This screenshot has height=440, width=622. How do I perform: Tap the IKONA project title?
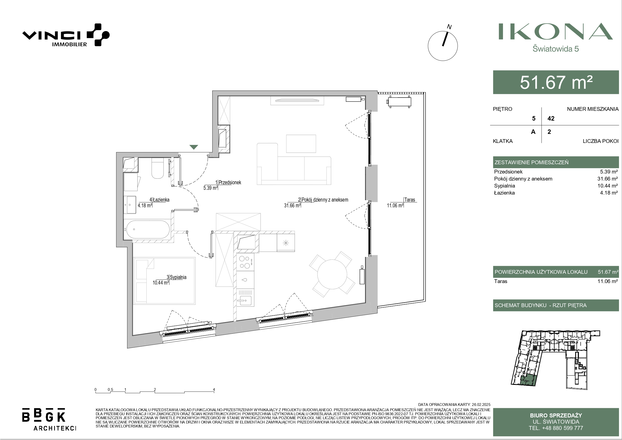coord(555,31)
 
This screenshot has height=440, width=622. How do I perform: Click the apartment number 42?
coord(551,119)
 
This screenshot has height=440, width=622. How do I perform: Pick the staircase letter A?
coord(533,132)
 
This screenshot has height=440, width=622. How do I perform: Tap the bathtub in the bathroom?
coord(148,229)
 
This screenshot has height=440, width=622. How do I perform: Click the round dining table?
coord(332,274)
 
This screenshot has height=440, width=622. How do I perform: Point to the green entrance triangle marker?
coord(194,147)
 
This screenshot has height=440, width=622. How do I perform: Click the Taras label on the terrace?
coord(409,200)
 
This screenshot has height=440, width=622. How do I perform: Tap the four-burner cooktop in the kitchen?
coord(245,262)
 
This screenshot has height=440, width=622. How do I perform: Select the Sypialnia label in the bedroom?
coord(178,277)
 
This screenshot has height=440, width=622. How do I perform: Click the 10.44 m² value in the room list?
coord(608,186)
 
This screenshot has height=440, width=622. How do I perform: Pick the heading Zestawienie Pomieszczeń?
coord(532,162)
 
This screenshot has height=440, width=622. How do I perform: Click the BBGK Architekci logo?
coord(49,419)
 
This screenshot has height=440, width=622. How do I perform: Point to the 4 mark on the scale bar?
coord(214,390)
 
